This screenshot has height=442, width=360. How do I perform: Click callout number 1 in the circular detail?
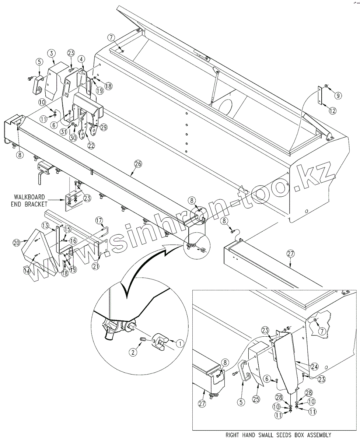(x=179, y=343)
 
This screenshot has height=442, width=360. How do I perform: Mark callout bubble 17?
(x=99, y=221)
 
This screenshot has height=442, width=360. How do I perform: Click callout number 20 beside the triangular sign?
(x=16, y=243)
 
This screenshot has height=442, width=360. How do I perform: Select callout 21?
(x=96, y=266)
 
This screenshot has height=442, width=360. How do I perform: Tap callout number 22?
(x=91, y=145)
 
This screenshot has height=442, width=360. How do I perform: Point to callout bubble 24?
(x=314, y=366)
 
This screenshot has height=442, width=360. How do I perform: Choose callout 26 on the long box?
(x=138, y=164)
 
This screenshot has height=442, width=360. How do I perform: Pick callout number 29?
(x=104, y=127)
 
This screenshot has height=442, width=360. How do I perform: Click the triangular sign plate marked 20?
(x=41, y=254)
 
